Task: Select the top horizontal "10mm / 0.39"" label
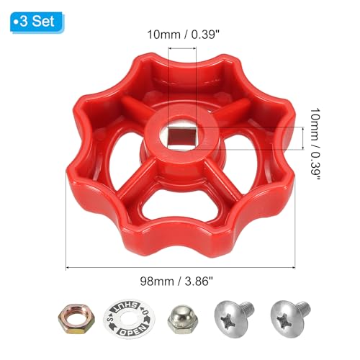179,34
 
